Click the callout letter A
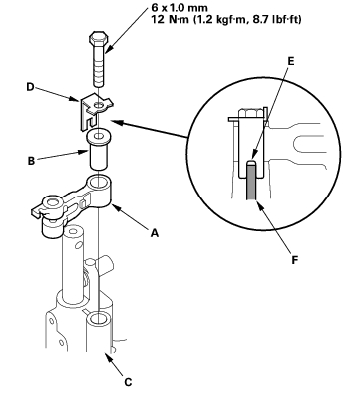[x=154, y=233]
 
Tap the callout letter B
[x=31, y=161]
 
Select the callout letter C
[x=128, y=382]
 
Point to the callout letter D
[x=30, y=87]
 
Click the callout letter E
[x=291, y=61]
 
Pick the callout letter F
[x=294, y=259]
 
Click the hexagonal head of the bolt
[x=98, y=38]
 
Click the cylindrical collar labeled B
[x=98, y=150]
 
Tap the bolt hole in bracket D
[x=99, y=105]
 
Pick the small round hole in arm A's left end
[x=51, y=201]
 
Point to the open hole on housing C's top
[x=99, y=318]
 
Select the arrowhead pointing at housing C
[x=108, y=358]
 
